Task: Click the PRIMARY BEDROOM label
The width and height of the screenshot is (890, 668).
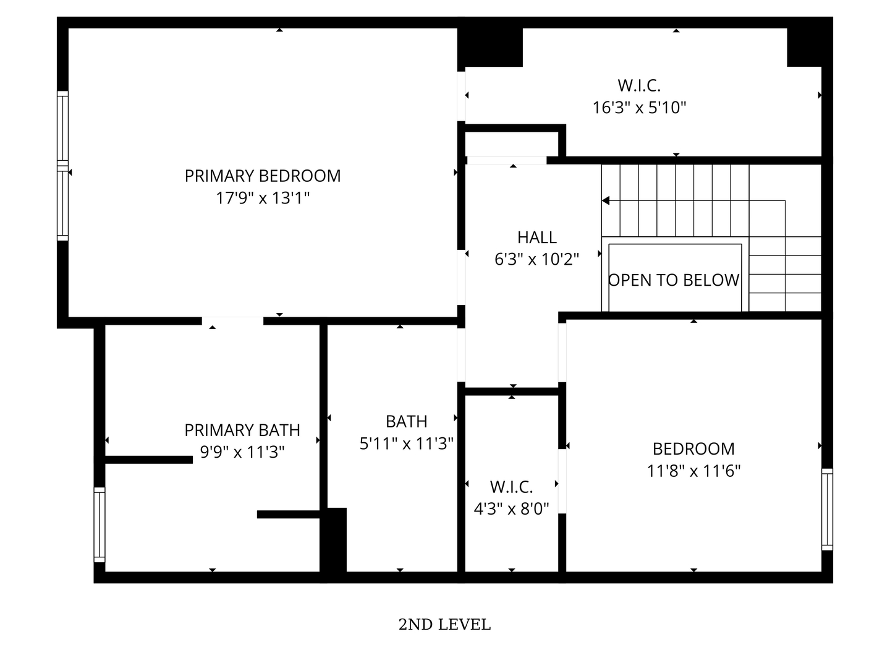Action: pos(263,176)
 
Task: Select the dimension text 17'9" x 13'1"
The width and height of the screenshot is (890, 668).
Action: pos(263,199)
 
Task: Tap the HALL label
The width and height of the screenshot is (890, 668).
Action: pos(536,238)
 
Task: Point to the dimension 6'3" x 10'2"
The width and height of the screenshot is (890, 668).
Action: pos(536,260)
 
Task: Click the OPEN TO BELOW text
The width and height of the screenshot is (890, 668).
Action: pos(674,281)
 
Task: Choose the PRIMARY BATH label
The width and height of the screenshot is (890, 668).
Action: pos(242,430)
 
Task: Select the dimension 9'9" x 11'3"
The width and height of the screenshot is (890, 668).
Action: pos(242,453)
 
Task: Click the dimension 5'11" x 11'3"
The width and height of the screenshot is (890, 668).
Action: pos(407,444)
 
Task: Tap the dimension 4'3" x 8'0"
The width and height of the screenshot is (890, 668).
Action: pos(511,510)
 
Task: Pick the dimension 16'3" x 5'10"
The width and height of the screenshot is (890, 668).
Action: pos(639,108)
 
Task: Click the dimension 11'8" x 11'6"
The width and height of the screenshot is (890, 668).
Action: pos(693,471)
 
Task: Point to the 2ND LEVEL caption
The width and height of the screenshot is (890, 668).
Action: pos(444,625)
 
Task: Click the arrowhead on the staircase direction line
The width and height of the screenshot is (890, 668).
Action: pos(606,200)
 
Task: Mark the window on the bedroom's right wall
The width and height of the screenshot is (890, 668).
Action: pos(827,509)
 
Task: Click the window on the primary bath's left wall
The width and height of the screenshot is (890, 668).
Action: pos(99,525)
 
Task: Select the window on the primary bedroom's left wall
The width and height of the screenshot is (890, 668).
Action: pos(62,166)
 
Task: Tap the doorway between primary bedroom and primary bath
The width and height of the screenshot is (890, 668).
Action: pos(232,321)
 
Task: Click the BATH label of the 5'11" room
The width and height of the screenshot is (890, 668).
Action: pos(407,422)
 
